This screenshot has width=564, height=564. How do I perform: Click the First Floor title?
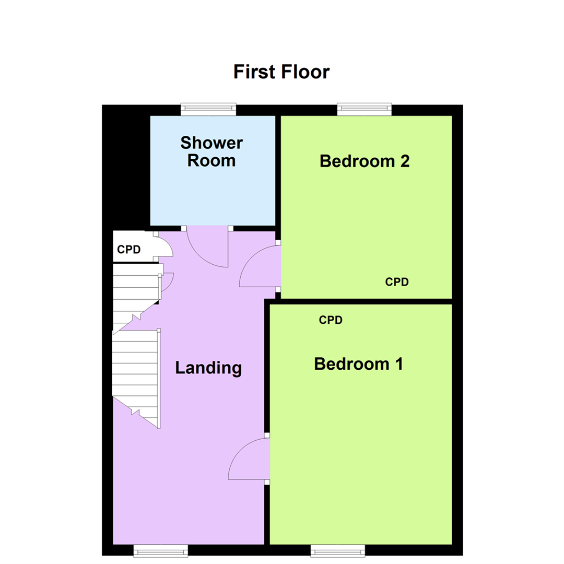tap(281, 72)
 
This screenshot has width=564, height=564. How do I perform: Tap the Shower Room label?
tap(211, 151)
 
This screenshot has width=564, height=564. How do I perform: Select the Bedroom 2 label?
tap(365, 161)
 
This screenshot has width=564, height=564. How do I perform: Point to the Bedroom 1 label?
tap(358, 363)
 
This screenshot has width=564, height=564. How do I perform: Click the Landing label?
tap(208, 368)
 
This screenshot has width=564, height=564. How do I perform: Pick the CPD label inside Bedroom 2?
tap(397, 282)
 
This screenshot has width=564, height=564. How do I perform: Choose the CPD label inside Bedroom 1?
tap(331, 320)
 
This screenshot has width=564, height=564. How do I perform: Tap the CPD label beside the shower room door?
tap(129, 250)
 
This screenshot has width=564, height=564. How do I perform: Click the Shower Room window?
tap(208, 109)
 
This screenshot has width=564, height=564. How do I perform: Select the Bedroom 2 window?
tap(365, 109)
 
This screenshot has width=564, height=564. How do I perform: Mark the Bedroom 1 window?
tap(338, 550)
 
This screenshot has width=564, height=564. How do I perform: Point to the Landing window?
tap(160, 550)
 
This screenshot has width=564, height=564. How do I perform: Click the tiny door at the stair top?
tap(167, 282)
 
